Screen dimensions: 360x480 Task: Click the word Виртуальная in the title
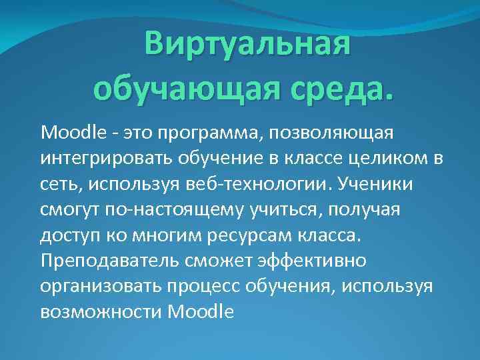247,45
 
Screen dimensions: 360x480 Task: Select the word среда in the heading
340,87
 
